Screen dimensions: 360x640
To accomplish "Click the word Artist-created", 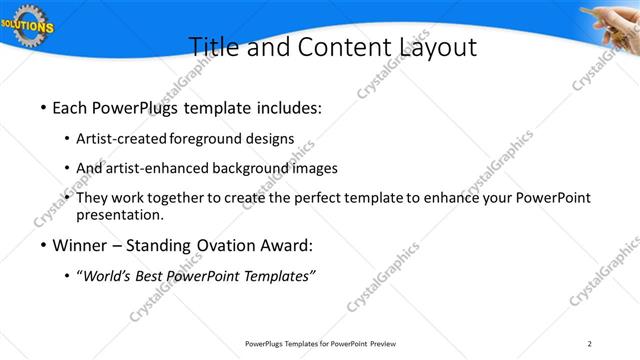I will point(122,137).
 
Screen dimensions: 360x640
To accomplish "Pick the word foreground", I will point(207,137).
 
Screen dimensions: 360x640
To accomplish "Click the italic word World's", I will point(108,277).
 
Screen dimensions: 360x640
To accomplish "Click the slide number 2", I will point(589,344).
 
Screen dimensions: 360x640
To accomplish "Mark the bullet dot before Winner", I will point(43,246).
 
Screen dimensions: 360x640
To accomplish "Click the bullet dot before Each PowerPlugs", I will point(43,105).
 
